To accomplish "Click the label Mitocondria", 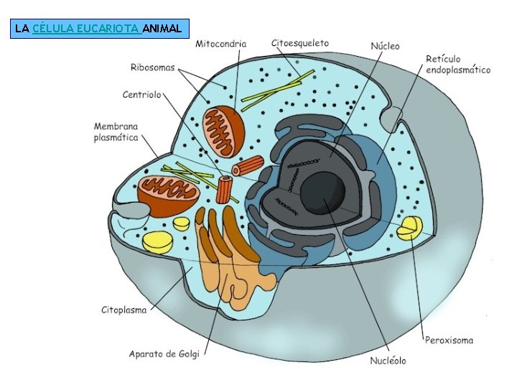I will click(220, 44).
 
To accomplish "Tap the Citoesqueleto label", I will click(299, 43).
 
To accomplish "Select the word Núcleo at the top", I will click(385, 46).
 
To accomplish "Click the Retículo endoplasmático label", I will click(457, 64).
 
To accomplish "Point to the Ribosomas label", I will click(152, 68).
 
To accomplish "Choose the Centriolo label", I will click(142, 94).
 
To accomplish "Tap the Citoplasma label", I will click(124, 310).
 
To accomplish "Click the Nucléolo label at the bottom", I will click(388, 360).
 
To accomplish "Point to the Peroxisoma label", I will click(449, 340).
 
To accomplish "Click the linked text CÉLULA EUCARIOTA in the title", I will click(86, 29).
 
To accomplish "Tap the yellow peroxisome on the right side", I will click(411, 228).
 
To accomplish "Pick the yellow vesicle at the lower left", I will click(158, 241).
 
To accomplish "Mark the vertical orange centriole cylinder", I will click(225, 190).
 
